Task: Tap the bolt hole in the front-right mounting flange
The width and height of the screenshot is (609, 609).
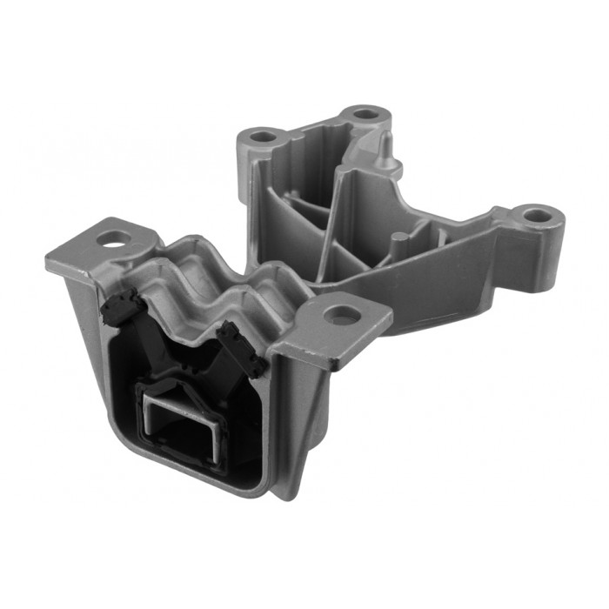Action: tap(345, 316)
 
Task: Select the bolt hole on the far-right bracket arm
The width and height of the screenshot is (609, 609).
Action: tap(537, 214)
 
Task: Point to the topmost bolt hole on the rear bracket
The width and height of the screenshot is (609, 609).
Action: tap(366, 114)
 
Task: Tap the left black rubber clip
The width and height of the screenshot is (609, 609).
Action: tap(120, 306)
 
